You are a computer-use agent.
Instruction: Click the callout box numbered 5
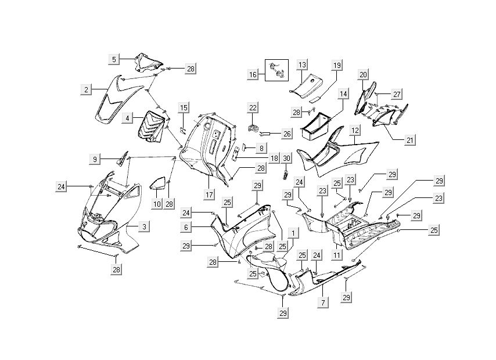pos(114,59)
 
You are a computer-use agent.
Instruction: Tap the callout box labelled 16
pos(252,75)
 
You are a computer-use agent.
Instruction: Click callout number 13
pos(302,64)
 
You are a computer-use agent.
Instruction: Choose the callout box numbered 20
pos(363,75)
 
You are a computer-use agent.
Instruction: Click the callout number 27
pos(397,94)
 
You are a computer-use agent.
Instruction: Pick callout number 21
pos(394,124)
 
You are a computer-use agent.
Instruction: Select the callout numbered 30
pos(286,159)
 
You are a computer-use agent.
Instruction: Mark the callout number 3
pos(143,226)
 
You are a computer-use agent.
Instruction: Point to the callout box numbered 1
pos(294,233)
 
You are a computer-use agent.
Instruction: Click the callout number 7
pos(322,303)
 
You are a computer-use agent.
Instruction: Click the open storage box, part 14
pos(316,127)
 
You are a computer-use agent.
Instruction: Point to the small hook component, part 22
pos(253,126)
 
